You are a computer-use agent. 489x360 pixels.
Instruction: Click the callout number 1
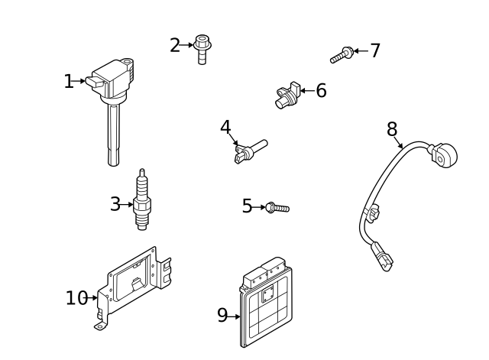pyautogui.click(x=68, y=82)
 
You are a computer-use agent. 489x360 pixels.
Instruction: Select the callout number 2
pyautogui.click(x=175, y=45)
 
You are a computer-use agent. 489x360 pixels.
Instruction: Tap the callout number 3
pyautogui.click(x=115, y=204)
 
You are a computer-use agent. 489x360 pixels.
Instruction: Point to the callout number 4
pyautogui.click(x=225, y=127)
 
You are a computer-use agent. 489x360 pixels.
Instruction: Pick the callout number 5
pyautogui.click(x=247, y=206)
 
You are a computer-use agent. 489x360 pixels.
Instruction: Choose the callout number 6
pyautogui.click(x=321, y=90)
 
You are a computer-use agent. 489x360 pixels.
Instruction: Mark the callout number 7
pyautogui.click(x=375, y=50)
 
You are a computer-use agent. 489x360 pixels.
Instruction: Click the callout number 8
pyautogui.click(x=392, y=129)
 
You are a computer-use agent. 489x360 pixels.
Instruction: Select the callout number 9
pyautogui.click(x=222, y=315)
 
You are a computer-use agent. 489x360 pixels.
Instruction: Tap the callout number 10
pyautogui.click(x=76, y=298)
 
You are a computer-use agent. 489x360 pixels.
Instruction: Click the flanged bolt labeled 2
pyautogui.click(x=202, y=49)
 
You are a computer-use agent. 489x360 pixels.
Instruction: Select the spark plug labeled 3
pyautogui.click(x=142, y=199)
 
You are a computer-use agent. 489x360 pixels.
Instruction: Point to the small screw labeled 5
pyautogui.click(x=277, y=208)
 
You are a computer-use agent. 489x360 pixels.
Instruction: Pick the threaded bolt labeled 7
pyautogui.click(x=342, y=55)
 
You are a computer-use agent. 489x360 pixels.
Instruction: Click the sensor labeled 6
pyautogui.click(x=287, y=95)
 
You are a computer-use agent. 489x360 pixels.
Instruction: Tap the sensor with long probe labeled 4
pyautogui.click(x=250, y=151)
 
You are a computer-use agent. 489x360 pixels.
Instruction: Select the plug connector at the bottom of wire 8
pyautogui.click(x=382, y=257)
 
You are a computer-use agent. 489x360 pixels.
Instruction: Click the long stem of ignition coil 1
pyautogui.click(x=114, y=135)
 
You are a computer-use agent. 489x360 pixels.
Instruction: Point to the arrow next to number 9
pyautogui.click(x=234, y=316)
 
